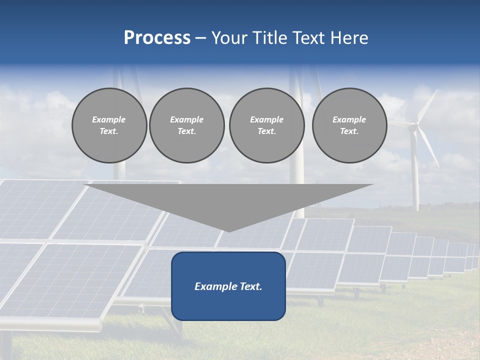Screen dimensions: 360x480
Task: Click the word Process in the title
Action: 157,38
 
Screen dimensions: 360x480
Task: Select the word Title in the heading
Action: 269,38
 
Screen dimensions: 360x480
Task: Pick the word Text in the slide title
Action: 308,38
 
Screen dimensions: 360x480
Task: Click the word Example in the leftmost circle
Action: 109,119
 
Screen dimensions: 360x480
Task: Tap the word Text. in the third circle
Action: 266,131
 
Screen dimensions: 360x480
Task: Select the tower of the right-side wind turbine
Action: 414,175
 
